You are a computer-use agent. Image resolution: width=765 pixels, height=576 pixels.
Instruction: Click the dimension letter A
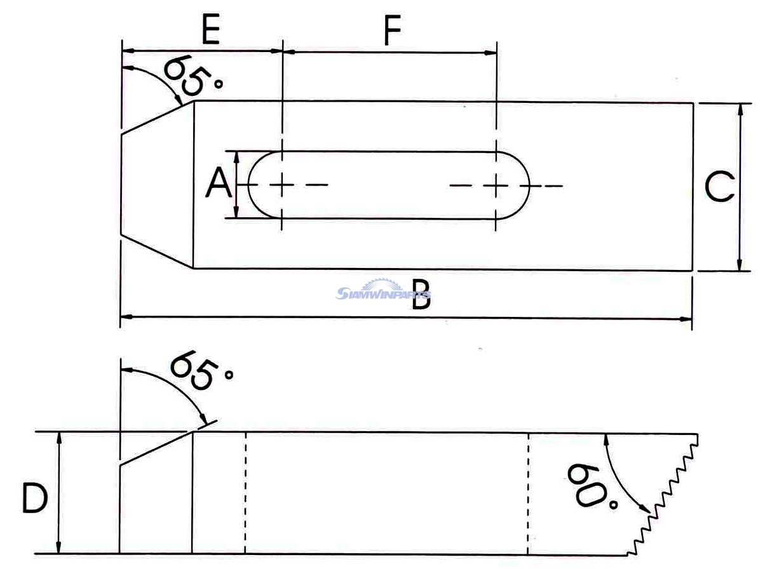click(218, 185)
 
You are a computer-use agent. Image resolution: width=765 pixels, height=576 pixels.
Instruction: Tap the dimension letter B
click(421, 297)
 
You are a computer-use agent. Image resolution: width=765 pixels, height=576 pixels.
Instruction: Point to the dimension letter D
click(35, 497)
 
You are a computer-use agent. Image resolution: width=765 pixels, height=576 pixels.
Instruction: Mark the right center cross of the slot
click(496, 185)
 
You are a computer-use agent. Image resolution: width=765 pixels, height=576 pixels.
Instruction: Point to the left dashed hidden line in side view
click(245, 493)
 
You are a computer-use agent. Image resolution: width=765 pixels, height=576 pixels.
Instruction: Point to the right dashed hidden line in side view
click(529, 493)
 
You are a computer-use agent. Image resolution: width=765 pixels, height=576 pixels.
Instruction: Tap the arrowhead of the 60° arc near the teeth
click(646, 511)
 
